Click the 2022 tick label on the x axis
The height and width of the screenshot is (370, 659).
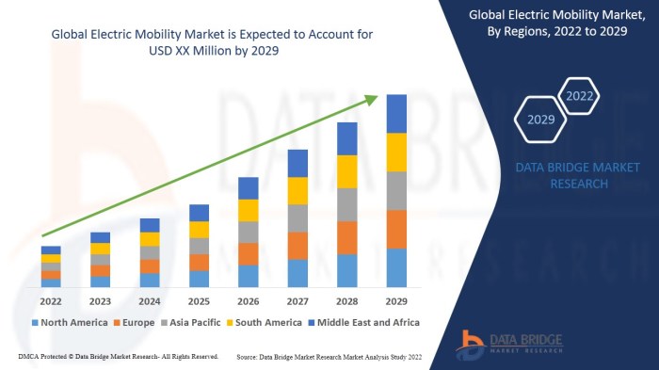point(51,301)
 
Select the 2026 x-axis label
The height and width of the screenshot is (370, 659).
point(249,301)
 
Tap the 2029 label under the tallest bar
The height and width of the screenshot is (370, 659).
point(396,301)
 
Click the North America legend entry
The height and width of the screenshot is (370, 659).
point(71,322)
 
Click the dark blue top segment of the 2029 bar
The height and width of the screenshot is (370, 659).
point(396,113)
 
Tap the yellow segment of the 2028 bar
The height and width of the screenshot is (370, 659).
point(347,171)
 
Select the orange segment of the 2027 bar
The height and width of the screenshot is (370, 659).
point(297,245)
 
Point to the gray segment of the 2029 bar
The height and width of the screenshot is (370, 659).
point(396,190)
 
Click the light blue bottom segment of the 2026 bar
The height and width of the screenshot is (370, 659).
point(249,275)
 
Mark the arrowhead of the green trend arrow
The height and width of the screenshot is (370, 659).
point(375,98)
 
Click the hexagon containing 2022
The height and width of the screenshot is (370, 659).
point(580,95)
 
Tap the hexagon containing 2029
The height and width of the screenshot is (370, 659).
point(540,120)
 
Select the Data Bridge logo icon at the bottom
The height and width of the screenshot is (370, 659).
point(471,342)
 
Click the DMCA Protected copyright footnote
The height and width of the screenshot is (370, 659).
point(118,358)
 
